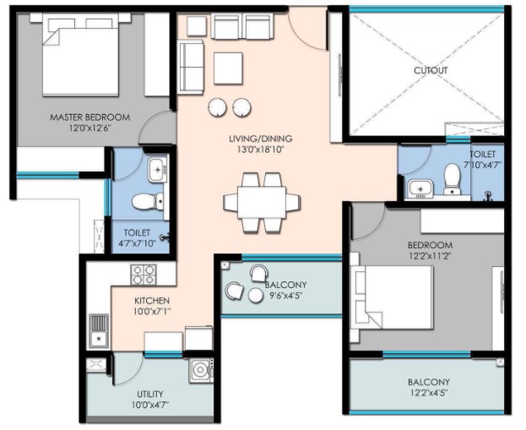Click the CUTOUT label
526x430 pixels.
[x=431, y=70]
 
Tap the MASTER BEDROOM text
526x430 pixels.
[x=89, y=117]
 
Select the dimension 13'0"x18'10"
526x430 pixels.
[x=261, y=150]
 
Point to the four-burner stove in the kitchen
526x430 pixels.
[x=144, y=275]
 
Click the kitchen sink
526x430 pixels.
[x=98, y=332]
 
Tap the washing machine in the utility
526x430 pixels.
[x=201, y=371]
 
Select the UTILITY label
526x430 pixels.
[x=150, y=394]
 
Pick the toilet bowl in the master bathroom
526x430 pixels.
[x=148, y=202]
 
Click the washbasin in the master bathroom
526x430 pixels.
[x=158, y=170]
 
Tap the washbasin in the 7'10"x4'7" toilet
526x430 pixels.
[x=420, y=188]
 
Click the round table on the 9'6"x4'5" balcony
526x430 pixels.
[x=256, y=296]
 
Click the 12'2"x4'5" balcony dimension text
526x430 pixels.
[x=429, y=393]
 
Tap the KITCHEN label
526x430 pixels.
[x=152, y=301]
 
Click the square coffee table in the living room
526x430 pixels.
[x=228, y=68]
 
